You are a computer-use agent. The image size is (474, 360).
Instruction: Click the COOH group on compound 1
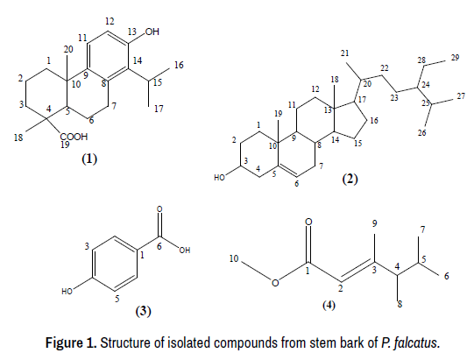click(74, 137)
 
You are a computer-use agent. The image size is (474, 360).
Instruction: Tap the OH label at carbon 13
click(152, 32)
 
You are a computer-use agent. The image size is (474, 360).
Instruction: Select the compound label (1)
click(89, 159)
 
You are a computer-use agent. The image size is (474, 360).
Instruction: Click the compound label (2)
click(350, 179)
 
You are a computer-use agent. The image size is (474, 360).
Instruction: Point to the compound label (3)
click(143, 311)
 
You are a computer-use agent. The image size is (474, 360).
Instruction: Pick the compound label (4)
click(329, 306)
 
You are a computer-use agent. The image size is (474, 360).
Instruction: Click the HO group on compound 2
click(219, 178)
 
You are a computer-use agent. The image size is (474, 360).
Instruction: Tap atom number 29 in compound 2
click(456, 58)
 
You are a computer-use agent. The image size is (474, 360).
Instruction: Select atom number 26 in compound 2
click(422, 132)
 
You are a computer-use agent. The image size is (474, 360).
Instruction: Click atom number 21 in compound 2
click(344, 53)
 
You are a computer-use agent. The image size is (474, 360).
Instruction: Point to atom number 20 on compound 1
click(68, 49)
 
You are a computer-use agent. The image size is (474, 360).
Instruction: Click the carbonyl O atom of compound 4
click(308, 222)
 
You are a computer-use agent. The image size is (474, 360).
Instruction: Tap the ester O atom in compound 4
click(275, 283)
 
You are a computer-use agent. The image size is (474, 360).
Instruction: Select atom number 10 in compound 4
click(234, 258)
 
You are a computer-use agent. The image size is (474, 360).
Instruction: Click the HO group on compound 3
click(67, 292)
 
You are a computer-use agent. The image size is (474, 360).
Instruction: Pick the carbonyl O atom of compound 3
click(159, 208)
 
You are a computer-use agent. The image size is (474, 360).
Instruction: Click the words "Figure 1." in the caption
click(71, 342)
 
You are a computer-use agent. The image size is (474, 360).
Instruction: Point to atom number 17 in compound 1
click(159, 109)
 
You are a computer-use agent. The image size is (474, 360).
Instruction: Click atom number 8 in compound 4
click(400, 304)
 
